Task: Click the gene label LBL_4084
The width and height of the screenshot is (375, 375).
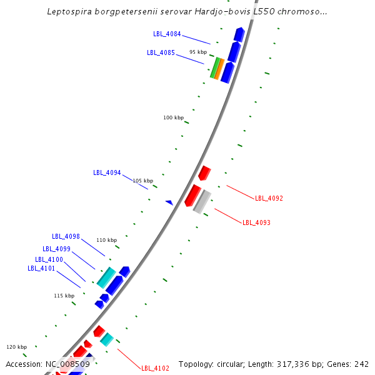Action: click(x=167, y=34)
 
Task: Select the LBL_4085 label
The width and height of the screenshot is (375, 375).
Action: click(x=161, y=52)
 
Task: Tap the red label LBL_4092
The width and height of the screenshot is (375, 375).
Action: click(x=269, y=198)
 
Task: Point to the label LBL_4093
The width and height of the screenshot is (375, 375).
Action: click(x=256, y=222)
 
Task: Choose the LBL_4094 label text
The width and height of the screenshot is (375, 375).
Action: click(x=107, y=172)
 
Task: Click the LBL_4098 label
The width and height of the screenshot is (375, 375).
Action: click(x=66, y=236)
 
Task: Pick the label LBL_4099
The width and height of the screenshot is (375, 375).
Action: click(x=56, y=249)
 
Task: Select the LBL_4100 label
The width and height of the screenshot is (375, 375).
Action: click(x=49, y=259)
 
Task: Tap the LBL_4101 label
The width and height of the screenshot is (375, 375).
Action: click(x=41, y=268)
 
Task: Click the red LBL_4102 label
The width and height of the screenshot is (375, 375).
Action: click(x=155, y=368)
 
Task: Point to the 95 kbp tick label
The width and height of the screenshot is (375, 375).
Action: click(x=198, y=52)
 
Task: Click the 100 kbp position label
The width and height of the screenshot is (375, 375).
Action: click(x=174, y=117)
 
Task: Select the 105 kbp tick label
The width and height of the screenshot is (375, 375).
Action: click(x=142, y=181)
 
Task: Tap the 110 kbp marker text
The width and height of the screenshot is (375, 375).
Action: click(x=106, y=240)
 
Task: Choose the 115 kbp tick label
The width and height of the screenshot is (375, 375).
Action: click(x=64, y=296)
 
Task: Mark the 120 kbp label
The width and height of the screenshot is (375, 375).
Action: click(x=17, y=347)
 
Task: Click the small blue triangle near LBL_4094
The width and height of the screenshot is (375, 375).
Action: click(x=169, y=202)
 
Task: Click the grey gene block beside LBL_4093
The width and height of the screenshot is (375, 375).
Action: click(x=202, y=201)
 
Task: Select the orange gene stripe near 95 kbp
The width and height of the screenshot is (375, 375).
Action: click(x=219, y=68)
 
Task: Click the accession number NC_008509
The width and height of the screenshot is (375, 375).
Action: click(x=67, y=364)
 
